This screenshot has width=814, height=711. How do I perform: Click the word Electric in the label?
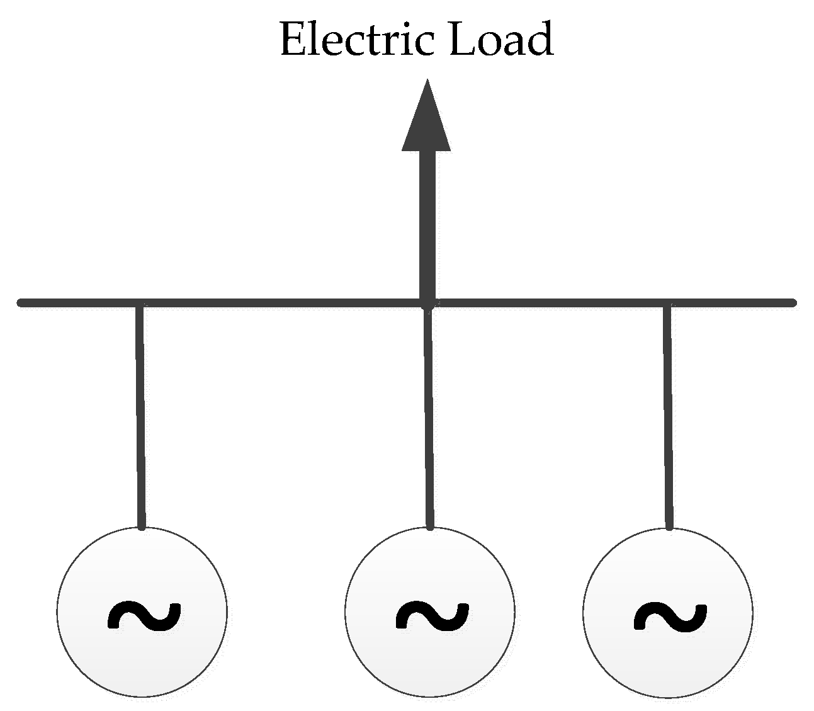click(356, 39)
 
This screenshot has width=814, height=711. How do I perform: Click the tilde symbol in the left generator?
click(144, 615)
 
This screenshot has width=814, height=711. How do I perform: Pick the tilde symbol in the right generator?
click(669, 615)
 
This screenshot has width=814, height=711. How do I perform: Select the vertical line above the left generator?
click(140, 416)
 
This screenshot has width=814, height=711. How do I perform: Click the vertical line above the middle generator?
click(428, 416)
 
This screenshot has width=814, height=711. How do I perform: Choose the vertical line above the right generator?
click(668, 416)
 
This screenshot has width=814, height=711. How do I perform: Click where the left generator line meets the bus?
click(139, 304)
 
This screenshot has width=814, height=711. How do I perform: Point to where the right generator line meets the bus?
click(667, 304)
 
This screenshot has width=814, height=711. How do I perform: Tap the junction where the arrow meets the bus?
click(427, 304)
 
